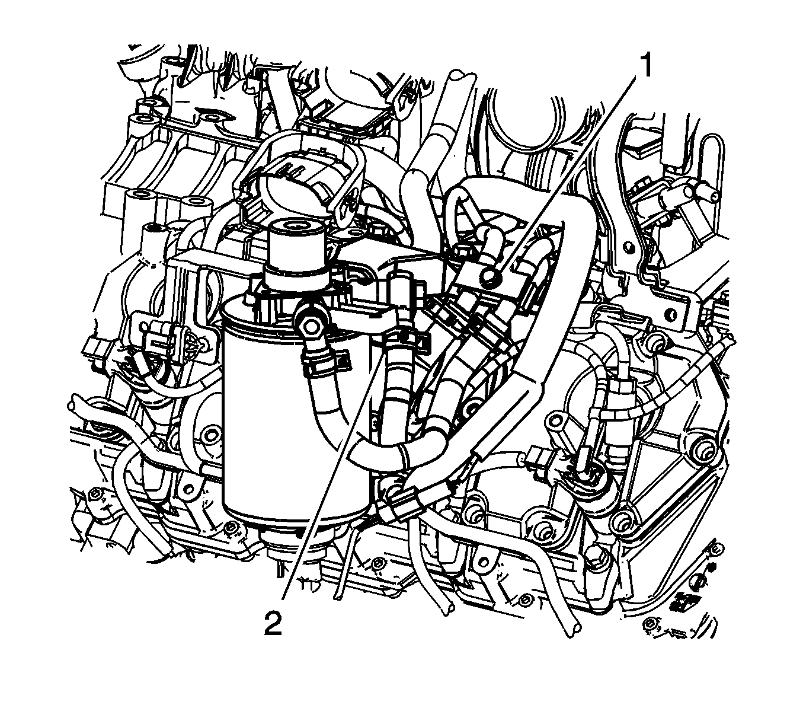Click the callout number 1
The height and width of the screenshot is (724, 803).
tap(645, 66)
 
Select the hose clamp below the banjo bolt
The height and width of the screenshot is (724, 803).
tap(320, 359)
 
